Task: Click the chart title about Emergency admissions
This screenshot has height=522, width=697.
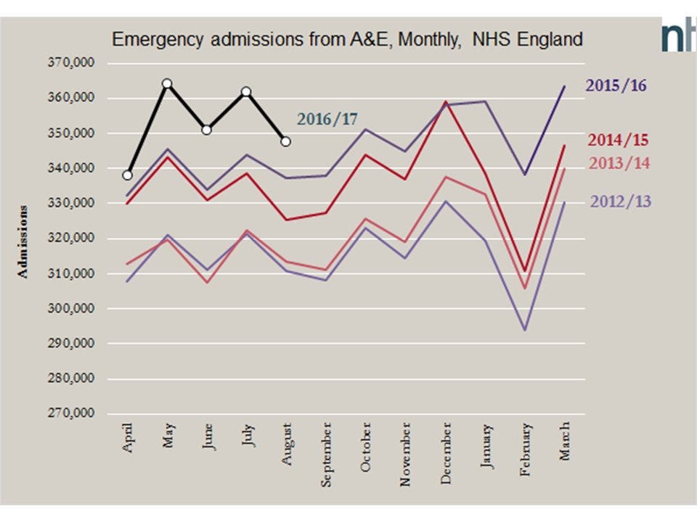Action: [347, 40]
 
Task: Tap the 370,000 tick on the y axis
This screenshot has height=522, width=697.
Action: [71, 63]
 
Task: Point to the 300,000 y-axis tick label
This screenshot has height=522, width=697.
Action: [71, 309]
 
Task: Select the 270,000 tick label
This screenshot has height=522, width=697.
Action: [71, 414]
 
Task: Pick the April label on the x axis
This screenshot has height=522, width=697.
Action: [129, 439]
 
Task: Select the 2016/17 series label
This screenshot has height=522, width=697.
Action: [327, 119]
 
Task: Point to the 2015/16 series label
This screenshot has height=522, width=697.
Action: [616, 86]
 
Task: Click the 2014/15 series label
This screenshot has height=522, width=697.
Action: [618, 140]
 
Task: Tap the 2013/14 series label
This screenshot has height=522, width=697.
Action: [619, 163]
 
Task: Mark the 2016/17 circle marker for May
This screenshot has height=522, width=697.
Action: [167, 83]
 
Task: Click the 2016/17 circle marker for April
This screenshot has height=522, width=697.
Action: [128, 175]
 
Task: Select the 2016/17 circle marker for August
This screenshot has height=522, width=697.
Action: [286, 141]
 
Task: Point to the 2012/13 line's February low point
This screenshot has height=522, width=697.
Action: [524, 330]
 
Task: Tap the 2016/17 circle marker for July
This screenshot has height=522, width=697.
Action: [246, 91]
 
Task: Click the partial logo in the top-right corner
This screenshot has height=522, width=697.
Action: [679, 36]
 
